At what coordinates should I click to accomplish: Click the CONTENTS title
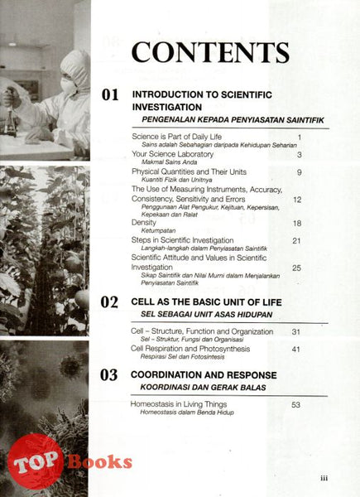pyautogui.click(x=210, y=51)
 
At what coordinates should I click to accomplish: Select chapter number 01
pyautogui.click(x=110, y=95)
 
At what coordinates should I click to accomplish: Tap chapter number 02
pyautogui.click(x=110, y=302)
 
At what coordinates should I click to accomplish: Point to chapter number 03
pyautogui.click(x=110, y=375)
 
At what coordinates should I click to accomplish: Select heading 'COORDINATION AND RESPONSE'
pyautogui.click(x=204, y=375)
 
